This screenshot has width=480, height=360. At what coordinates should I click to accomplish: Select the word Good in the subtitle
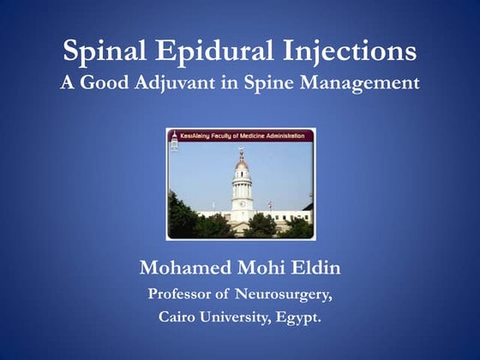click(x=109, y=85)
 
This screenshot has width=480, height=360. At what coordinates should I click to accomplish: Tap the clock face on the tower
click(x=242, y=203)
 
